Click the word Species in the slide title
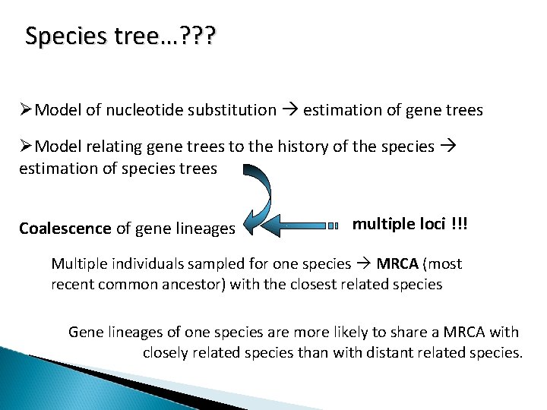pos(56,36)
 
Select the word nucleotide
pos(140,110)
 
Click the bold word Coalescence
pos(65,228)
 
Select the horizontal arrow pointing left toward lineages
pos(300,225)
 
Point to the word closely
pos(166,352)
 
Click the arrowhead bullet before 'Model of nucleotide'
pos(26,110)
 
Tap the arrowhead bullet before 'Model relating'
pos(26,146)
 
